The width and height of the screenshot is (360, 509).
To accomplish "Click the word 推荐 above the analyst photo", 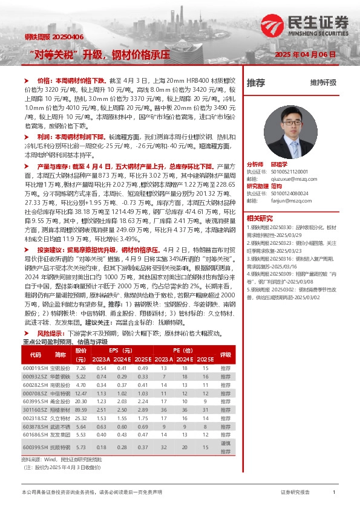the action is pyautogui.click(x=256, y=83).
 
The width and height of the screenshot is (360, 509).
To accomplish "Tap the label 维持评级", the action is pyautogui.click(x=323, y=83).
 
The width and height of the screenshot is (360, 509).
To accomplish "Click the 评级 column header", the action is pyautogui.click(x=226, y=355).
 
